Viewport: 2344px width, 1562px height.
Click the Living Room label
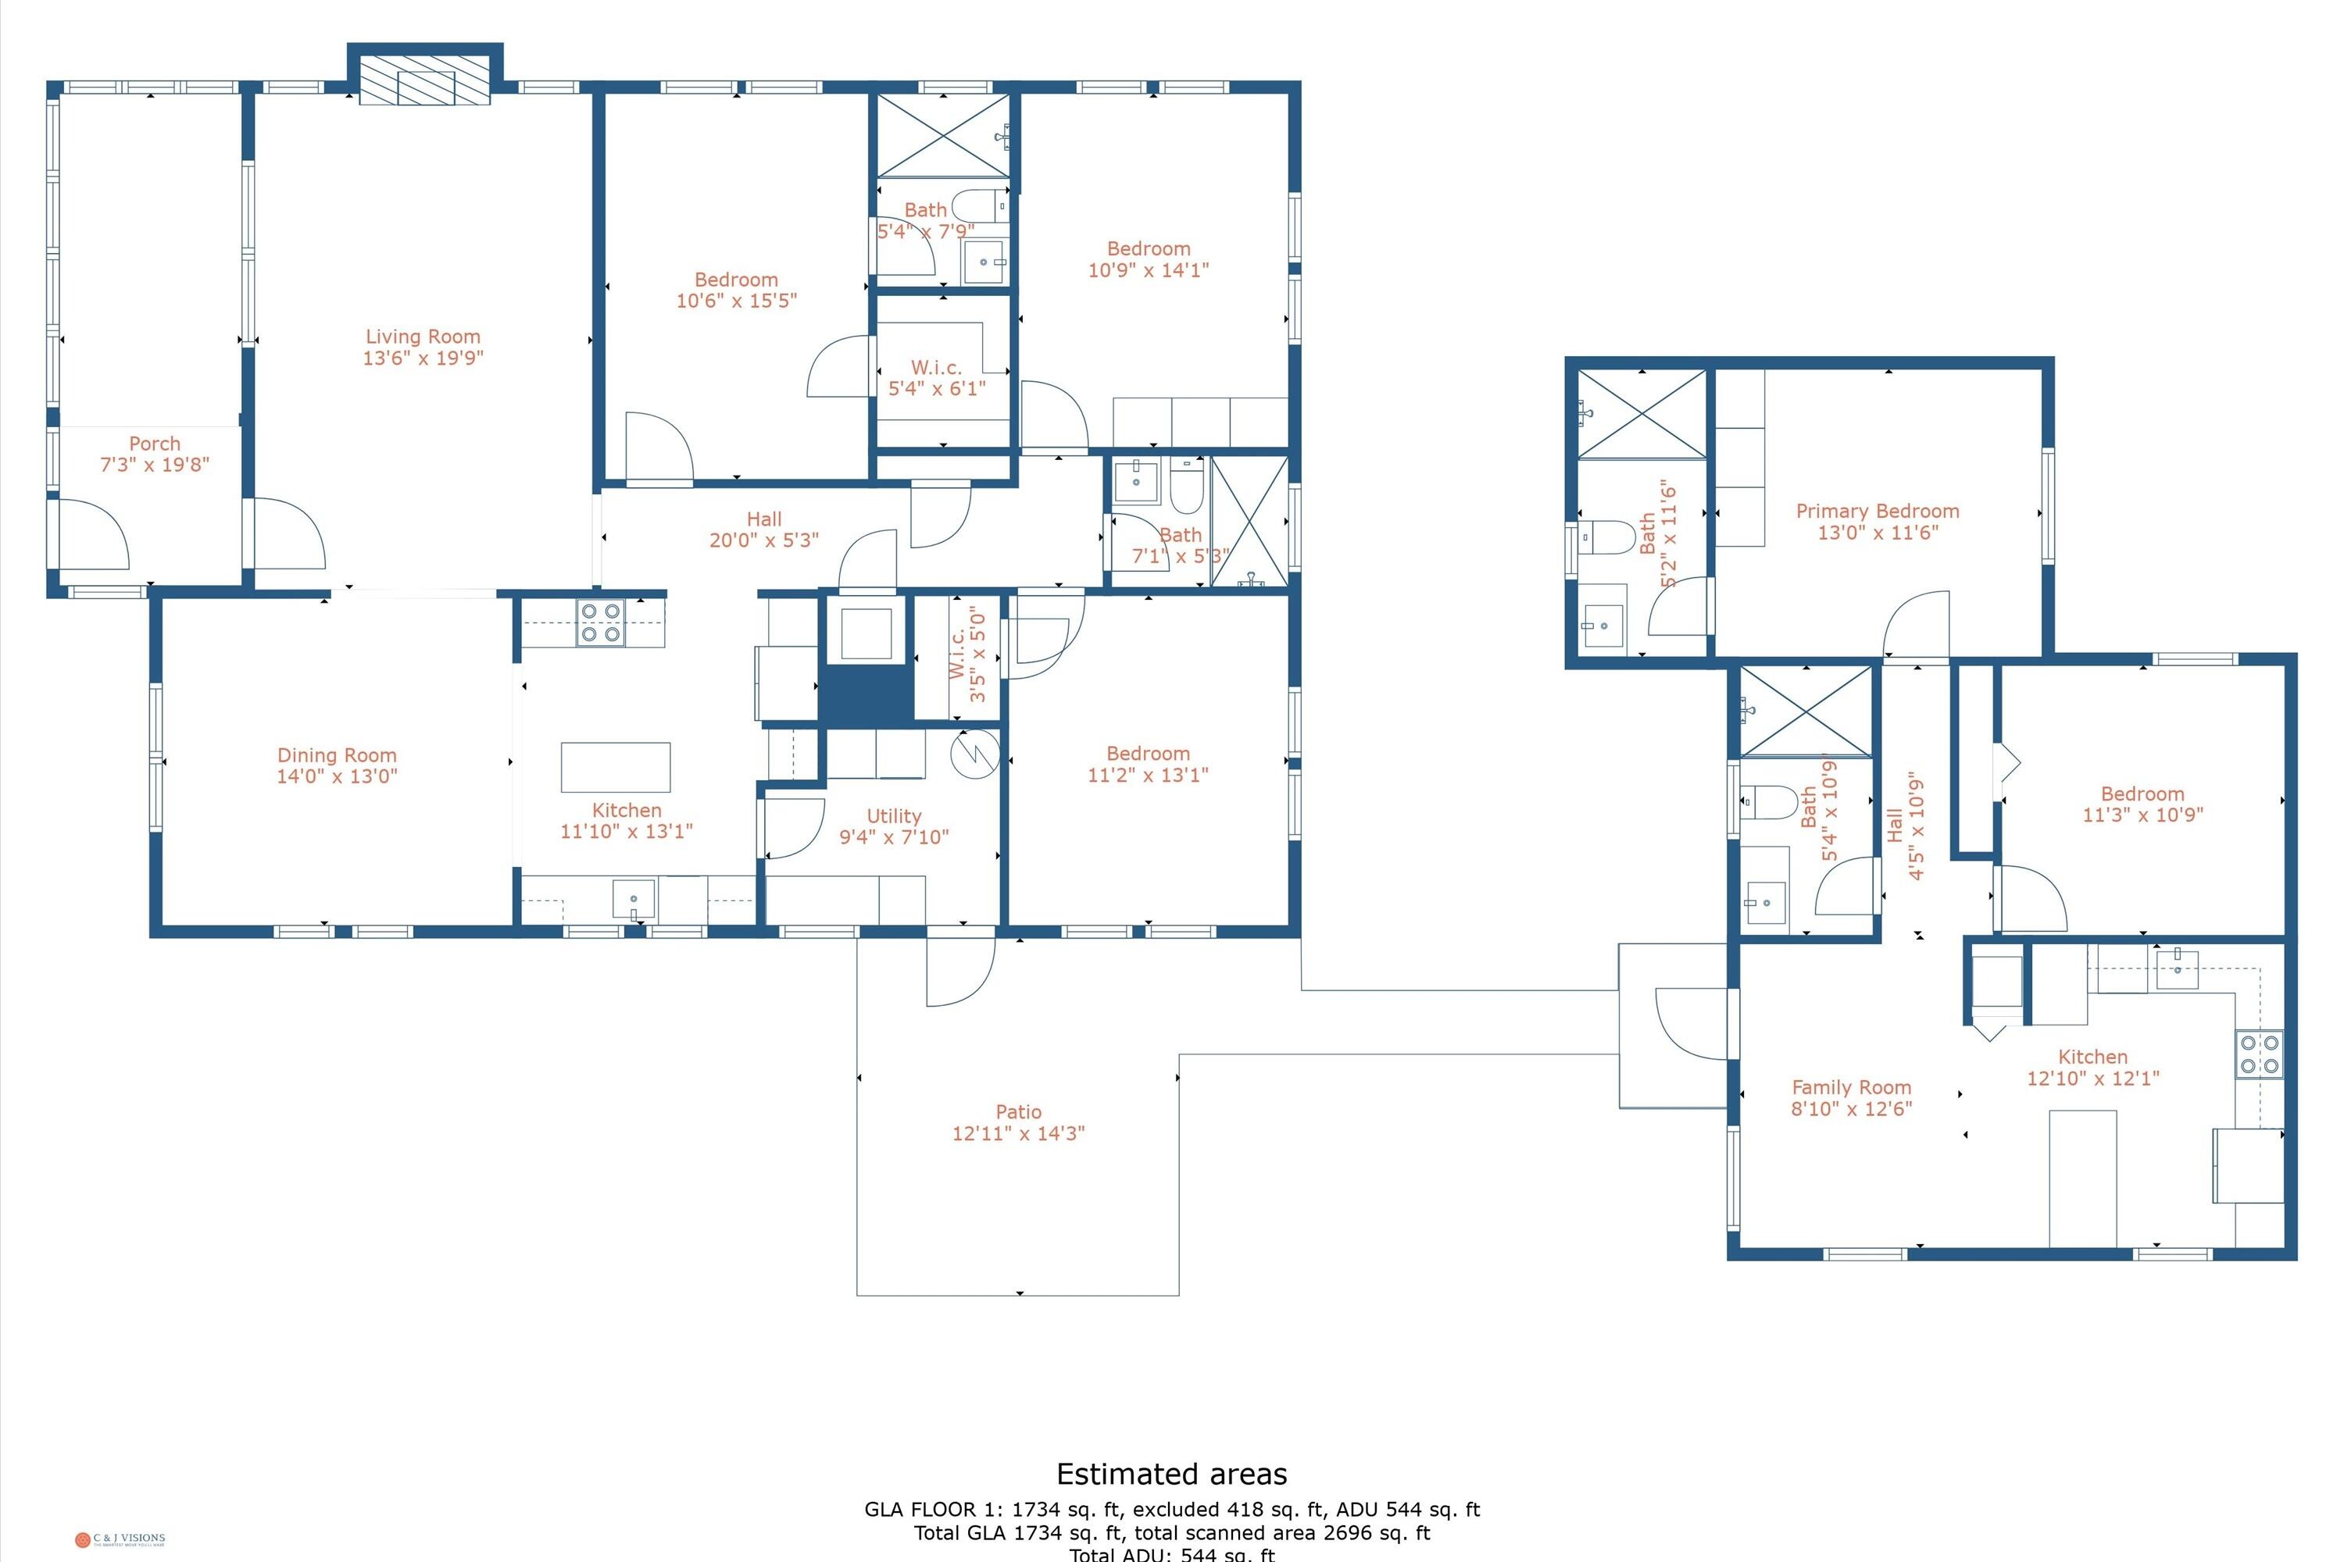pyautogui.click(x=423, y=337)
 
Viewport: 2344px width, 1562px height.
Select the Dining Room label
pyautogui.click(x=337, y=756)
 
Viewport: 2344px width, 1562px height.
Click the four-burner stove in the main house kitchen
pyautogui.click(x=600, y=622)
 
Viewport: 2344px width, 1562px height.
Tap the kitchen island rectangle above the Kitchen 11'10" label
pyautogui.click(x=615, y=767)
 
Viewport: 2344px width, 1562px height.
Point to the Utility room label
pyautogui.click(x=893, y=817)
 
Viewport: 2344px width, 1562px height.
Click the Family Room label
pyautogui.click(x=1851, y=1088)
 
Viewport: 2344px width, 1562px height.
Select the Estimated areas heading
pyautogui.click(x=1171, y=1475)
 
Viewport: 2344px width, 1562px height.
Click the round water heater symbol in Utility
pyautogui.click(x=974, y=754)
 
